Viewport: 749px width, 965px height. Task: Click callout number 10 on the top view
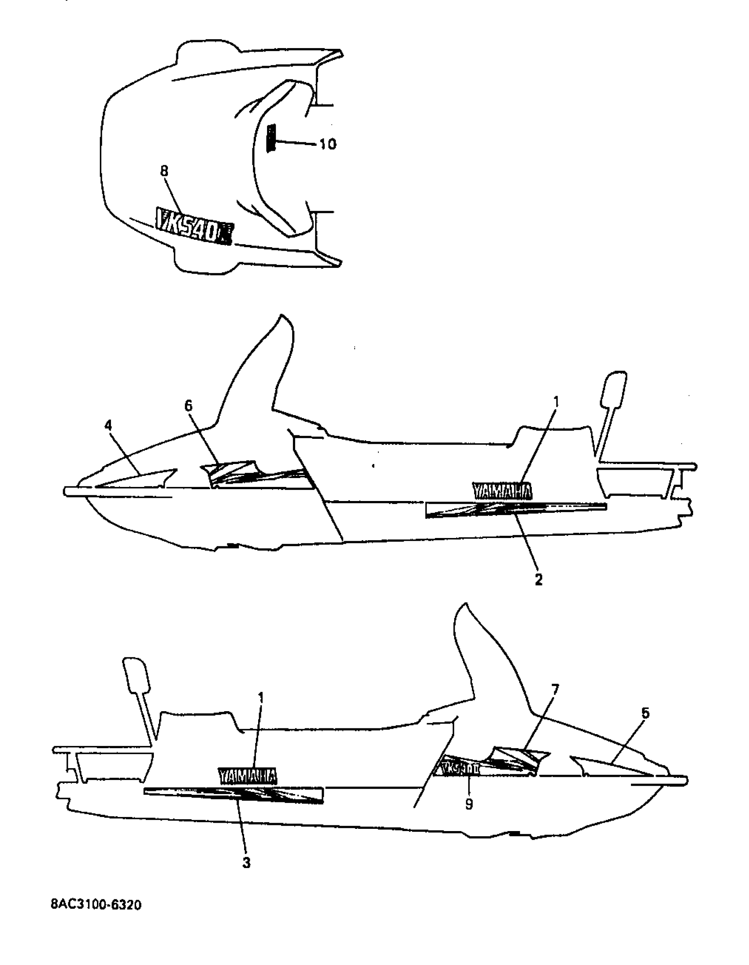[x=327, y=144]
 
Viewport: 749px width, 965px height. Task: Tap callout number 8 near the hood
[x=164, y=171]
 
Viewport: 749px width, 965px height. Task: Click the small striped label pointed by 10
[x=271, y=138]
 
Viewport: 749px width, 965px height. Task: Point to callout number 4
[x=108, y=426]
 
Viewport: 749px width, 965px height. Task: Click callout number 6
[x=189, y=405]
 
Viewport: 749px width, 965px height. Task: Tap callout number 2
[x=538, y=580]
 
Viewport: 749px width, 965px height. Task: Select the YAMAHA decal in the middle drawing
[x=502, y=491]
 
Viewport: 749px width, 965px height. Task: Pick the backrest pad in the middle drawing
[x=613, y=388]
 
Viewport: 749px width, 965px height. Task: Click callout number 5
[x=645, y=713]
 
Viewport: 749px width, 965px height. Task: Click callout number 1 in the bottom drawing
[x=261, y=698]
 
